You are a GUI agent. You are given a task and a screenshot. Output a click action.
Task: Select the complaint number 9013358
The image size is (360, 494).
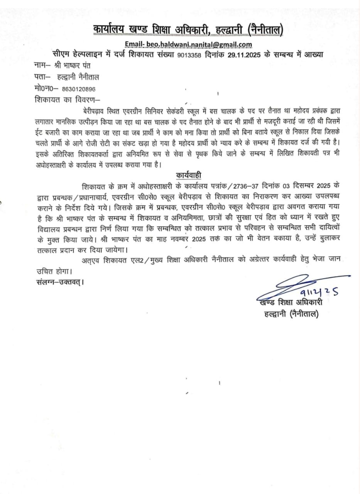[x=189, y=55]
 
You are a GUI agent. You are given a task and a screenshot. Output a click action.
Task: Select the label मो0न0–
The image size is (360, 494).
[x=46, y=88]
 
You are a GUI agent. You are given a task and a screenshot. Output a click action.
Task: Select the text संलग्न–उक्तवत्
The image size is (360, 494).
[x=58, y=281]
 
